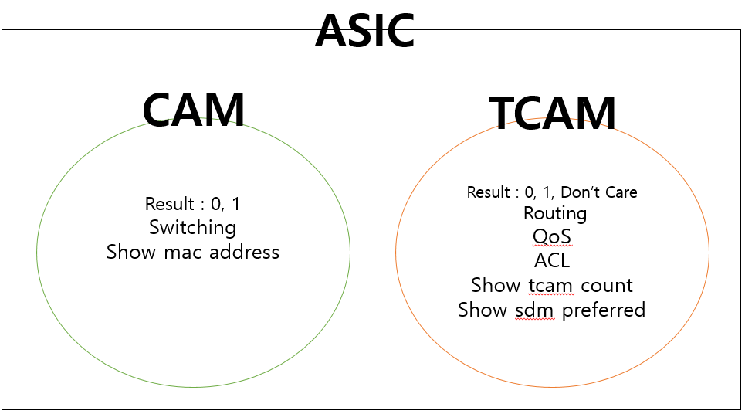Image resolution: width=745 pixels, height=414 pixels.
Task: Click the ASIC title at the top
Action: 364,31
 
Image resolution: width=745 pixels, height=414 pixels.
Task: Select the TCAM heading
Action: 553,114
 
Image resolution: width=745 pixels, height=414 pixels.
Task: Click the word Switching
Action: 192,228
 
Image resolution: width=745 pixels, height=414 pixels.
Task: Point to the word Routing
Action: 554,213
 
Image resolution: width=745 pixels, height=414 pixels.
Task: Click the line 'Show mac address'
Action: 193,252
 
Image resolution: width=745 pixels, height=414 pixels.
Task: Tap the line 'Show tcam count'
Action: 551,285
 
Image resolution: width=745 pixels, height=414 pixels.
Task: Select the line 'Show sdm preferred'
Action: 551,310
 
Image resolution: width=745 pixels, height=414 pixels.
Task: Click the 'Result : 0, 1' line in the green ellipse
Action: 192,204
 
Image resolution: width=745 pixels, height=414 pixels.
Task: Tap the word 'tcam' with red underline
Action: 550,285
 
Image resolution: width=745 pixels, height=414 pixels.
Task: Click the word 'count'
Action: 606,285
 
